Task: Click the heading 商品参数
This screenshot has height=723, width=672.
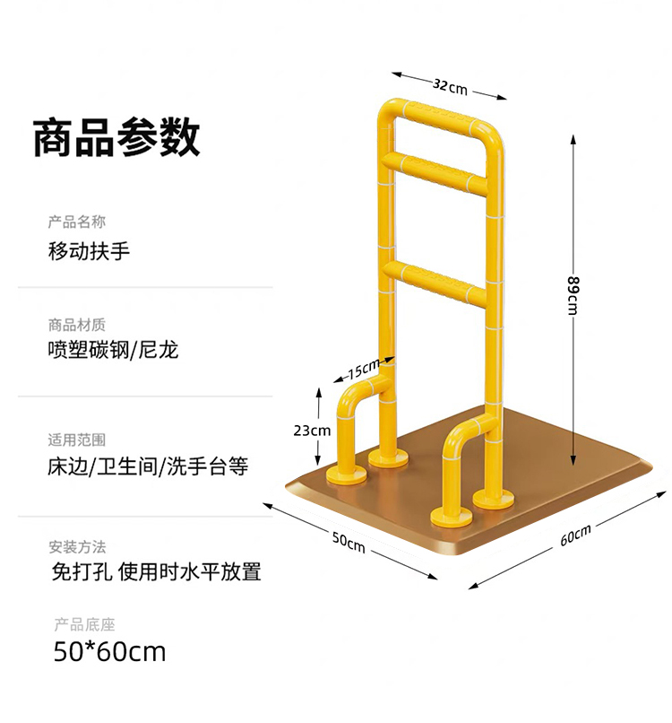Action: pyautogui.click(x=116, y=137)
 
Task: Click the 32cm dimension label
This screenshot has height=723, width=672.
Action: pyautogui.click(x=451, y=86)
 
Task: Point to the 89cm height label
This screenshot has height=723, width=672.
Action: pyautogui.click(x=573, y=295)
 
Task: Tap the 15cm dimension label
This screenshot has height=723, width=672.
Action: pyautogui.click(x=363, y=368)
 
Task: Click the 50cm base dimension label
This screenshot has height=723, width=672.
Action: pyautogui.click(x=348, y=542)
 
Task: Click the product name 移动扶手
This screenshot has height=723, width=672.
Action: pyautogui.click(x=89, y=250)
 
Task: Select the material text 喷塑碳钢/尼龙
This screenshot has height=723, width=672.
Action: pyautogui.click(x=113, y=350)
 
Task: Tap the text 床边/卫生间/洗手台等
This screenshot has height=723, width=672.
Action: pyautogui.click(x=148, y=467)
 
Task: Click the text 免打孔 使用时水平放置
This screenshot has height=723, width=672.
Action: pyautogui.click(x=157, y=571)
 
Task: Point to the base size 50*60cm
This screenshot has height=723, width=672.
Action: pyautogui.click(x=109, y=652)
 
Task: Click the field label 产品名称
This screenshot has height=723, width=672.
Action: pyautogui.click(x=77, y=222)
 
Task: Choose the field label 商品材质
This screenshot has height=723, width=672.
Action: pyautogui.click(x=77, y=324)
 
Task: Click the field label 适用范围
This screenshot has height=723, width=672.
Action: pyautogui.click(x=77, y=440)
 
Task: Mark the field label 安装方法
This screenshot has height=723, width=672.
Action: pyautogui.click(x=77, y=546)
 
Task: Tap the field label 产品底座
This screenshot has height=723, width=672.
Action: pyautogui.click(x=82, y=625)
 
